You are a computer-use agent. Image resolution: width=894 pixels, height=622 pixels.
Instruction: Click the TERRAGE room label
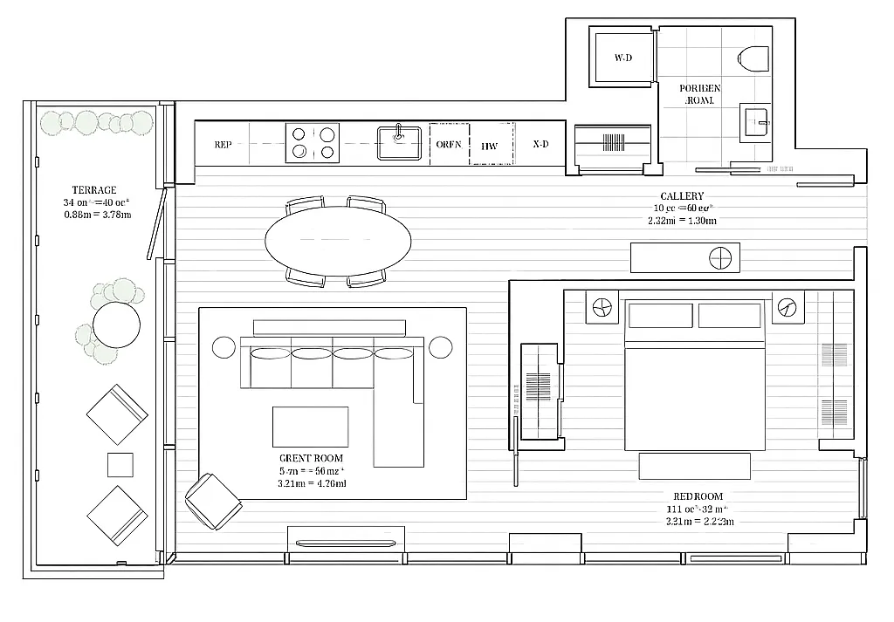[x=93, y=189]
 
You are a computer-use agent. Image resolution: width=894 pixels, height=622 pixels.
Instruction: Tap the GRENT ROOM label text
[x=311, y=458]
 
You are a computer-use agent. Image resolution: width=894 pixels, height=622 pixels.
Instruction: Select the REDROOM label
[x=698, y=496]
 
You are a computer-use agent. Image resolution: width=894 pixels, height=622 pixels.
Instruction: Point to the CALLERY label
[x=682, y=196]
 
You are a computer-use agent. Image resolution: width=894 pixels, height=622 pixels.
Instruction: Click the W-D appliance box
[x=622, y=58]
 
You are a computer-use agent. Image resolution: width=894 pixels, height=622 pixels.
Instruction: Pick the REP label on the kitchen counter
[x=223, y=145]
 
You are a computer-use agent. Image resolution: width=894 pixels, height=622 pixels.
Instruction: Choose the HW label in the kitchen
[x=490, y=146]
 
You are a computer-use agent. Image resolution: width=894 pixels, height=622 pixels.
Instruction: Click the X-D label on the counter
[x=540, y=145]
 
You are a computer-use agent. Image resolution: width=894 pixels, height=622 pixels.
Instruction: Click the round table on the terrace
[x=116, y=325]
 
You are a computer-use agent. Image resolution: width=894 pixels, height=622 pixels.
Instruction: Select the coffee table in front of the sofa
[x=310, y=426]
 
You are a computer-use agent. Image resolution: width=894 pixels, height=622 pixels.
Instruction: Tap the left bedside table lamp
[x=602, y=308]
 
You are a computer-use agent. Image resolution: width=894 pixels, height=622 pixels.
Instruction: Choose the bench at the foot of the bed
[x=694, y=466]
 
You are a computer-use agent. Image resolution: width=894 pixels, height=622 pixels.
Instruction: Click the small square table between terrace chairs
[x=120, y=464]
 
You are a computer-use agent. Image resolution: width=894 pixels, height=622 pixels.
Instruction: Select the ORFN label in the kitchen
[x=449, y=145]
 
